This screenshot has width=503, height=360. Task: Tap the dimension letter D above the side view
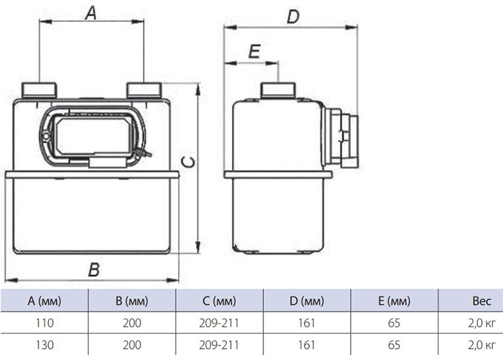(291, 16)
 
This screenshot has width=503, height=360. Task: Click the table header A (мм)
(45, 302)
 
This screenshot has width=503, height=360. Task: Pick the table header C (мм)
(219, 302)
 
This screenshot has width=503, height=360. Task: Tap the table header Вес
(481, 302)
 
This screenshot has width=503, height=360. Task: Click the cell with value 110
(45, 324)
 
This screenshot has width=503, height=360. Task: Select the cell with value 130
(45, 345)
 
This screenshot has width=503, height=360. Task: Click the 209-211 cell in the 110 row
(219, 324)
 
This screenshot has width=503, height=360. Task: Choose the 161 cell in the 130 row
(306, 345)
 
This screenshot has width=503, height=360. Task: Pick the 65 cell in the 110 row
(394, 324)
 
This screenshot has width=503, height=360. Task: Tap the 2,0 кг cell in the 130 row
(481, 345)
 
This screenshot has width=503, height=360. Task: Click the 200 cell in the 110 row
(132, 324)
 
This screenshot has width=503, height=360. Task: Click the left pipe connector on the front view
(40, 89)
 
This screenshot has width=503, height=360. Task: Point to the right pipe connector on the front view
(144, 89)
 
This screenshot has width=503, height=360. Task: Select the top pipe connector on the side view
(278, 90)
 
